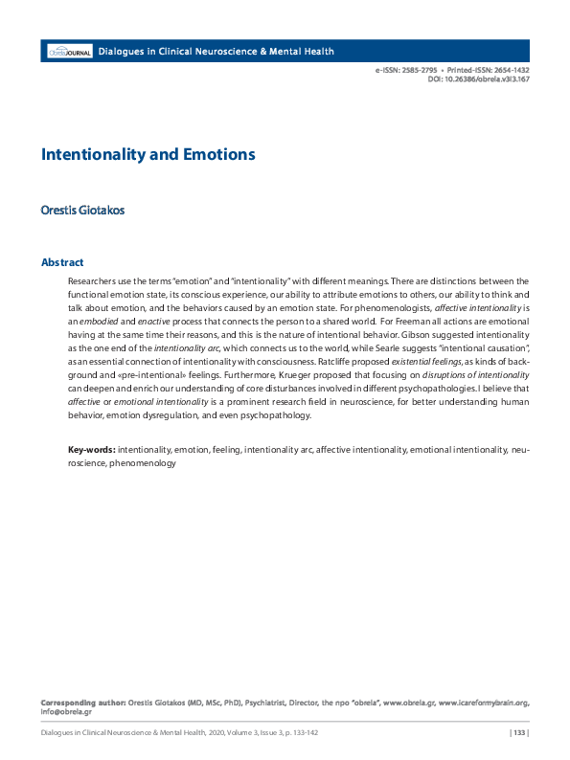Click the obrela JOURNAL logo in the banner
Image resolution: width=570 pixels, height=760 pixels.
(x=70, y=51)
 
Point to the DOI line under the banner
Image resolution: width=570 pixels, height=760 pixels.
(x=479, y=79)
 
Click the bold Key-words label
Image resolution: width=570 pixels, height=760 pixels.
(x=91, y=449)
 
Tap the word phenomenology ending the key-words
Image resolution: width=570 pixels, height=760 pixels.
(x=143, y=463)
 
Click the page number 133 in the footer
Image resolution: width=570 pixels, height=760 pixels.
(x=518, y=734)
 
